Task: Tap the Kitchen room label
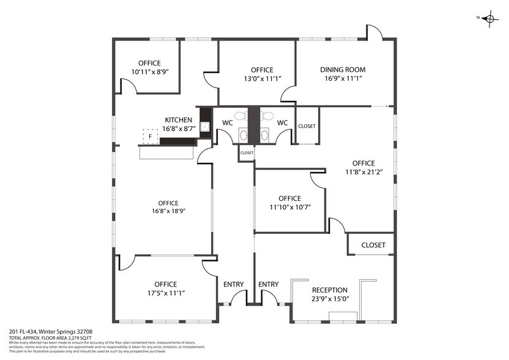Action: [x=178, y=120]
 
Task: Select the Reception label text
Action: [x=330, y=290]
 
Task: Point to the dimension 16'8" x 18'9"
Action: [x=168, y=211]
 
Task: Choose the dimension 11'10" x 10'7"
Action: [x=289, y=207]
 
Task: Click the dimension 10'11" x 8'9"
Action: [x=149, y=72]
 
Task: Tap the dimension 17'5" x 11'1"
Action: [x=165, y=293]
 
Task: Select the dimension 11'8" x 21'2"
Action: [x=363, y=172]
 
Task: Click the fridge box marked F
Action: [x=150, y=137]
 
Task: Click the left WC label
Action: [x=228, y=123]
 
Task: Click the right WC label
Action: [x=282, y=123]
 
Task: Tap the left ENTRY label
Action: [x=233, y=284]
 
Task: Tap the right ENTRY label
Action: [x=269, y=284]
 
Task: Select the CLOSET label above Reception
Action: [x=373, y=245]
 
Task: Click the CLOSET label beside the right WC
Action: [x=307, y=126]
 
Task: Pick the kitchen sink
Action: [x=205, y=126]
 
